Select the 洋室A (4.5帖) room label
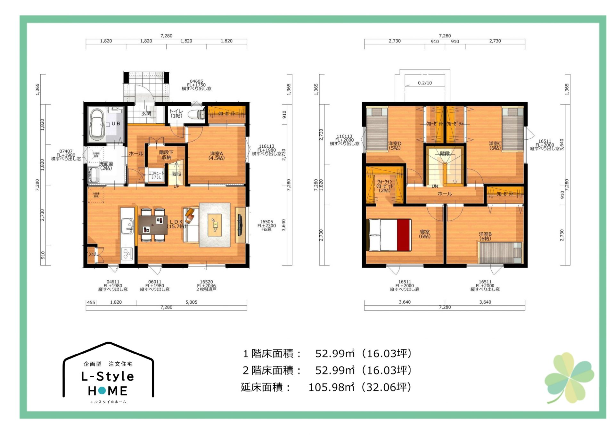217,156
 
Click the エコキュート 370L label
156,175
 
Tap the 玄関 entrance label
146,113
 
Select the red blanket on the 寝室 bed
404,235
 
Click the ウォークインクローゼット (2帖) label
384,186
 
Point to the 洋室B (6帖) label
485,236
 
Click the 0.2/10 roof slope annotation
425,83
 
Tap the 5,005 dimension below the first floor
192,302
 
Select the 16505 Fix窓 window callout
266,225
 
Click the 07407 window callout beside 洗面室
66,155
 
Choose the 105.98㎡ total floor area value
331,387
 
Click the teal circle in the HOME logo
102,390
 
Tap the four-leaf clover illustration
569,377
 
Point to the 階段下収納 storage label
166,155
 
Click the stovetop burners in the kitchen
127,254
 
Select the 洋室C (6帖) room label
495,145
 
